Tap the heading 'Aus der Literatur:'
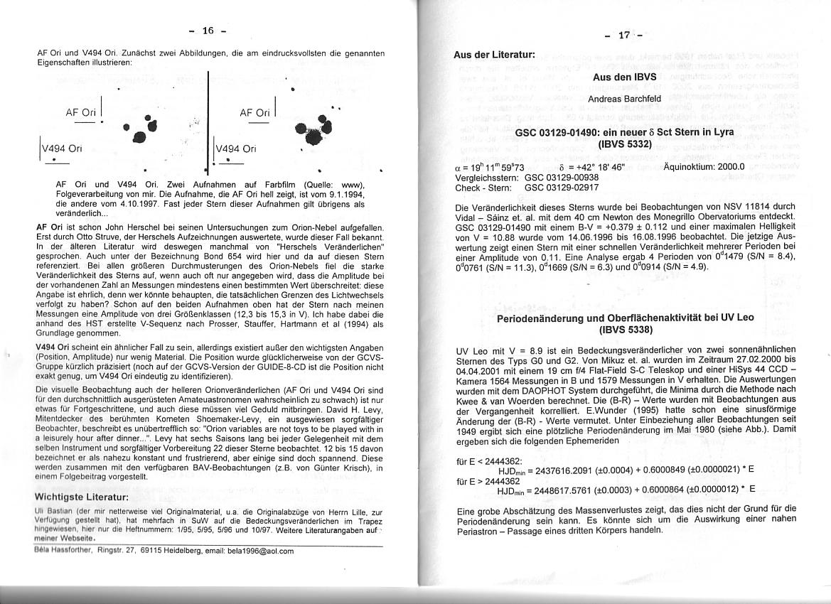(x=495, y=54)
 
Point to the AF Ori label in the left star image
(x=81, y=112)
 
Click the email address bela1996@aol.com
(x=260, y=551)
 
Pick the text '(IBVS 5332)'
(x=624, y=144)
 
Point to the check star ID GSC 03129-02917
(x=562, y=188)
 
